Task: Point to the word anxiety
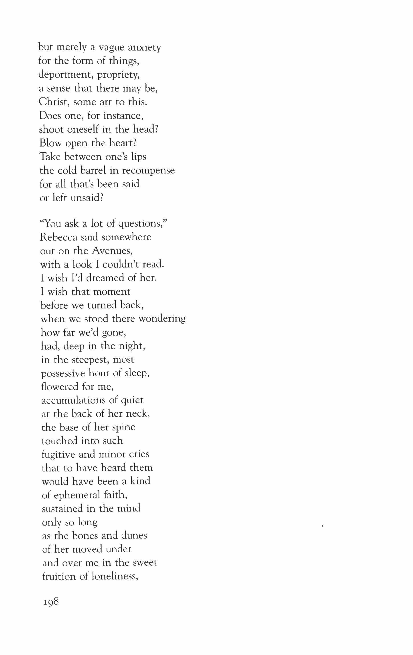(144, 48)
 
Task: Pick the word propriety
(119, 75)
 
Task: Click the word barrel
(93, 170)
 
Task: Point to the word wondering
(162, 319)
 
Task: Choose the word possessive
(63, 373)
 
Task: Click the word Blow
(50, 143)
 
